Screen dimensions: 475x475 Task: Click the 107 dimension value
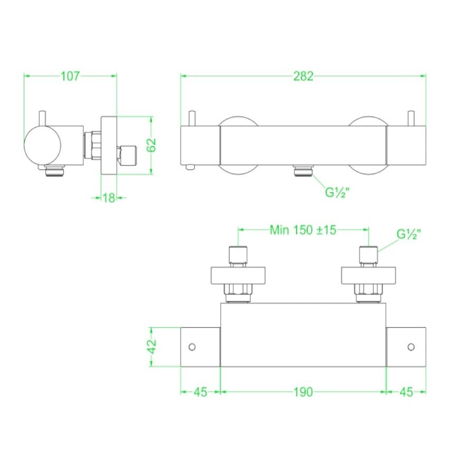(x=70, y=76)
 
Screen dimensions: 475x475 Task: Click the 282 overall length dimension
(x=303, y=76)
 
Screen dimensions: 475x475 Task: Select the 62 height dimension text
(x=152, y=144)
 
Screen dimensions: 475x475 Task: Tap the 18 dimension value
(x=109, y=198)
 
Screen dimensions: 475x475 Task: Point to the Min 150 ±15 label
(x=303, y=230)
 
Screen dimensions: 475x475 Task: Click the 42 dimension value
(x=152, y=347)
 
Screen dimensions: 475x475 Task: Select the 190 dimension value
(x=303, y=392)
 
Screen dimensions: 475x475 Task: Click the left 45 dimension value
(x=200, y=392)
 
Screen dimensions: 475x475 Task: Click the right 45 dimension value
(x=406, y=392)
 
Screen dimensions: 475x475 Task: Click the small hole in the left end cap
(x=192, y=347)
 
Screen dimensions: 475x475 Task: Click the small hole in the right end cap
(x=411, y=347)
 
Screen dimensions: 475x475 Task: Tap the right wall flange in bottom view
(x=368, y=276)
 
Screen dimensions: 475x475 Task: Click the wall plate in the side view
(x=109, y=145)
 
